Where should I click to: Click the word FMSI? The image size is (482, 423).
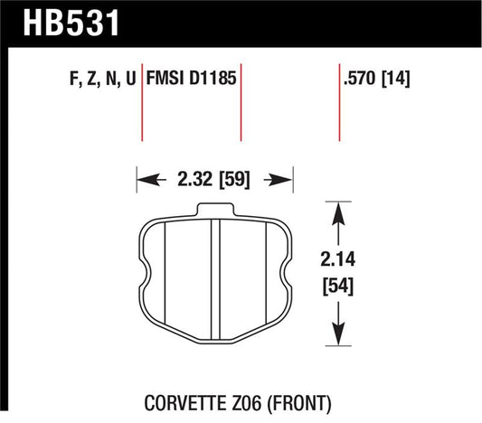167,79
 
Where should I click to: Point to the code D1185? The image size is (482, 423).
213,79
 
